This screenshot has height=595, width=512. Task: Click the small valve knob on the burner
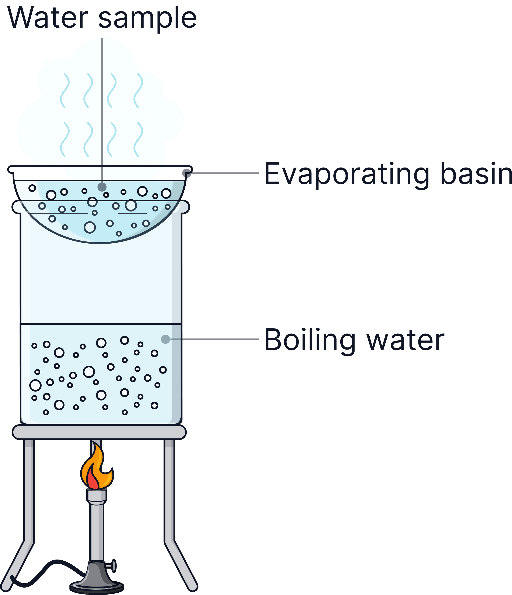[x=114, y=566]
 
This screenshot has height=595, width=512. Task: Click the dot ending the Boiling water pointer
[x=165, y=339]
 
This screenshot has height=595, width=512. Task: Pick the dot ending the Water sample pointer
[x=102, y=187]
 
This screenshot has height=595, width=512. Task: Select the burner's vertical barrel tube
[x=97, y=531]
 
